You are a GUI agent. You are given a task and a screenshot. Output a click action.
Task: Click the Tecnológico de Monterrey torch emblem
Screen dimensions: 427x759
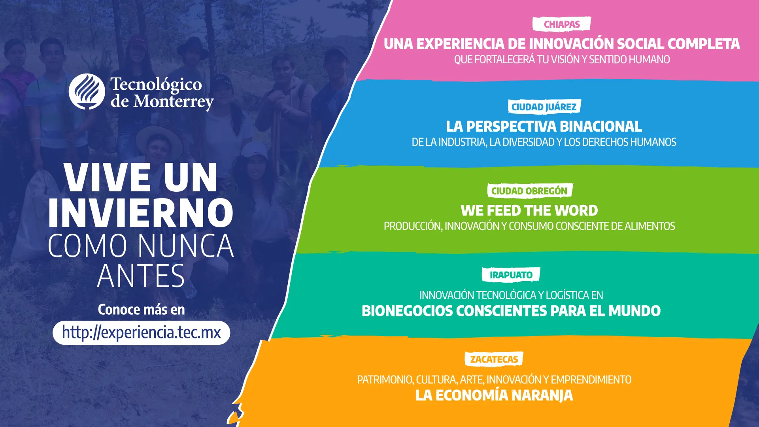[x=87, y=91]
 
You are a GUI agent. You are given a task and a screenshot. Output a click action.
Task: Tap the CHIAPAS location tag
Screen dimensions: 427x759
[x=561, y=24]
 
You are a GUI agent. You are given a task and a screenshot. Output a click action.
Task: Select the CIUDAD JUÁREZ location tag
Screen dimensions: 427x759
[x=544, y=107]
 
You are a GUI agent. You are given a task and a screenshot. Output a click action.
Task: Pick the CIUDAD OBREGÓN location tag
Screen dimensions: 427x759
[x=529, y=191]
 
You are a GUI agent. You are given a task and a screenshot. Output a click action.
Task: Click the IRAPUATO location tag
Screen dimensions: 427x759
[x=511, y=275]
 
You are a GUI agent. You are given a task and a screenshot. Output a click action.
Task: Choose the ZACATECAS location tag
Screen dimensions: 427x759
[x=494, y=359]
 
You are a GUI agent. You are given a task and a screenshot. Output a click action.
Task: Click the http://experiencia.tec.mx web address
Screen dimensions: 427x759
[x=141, y=333]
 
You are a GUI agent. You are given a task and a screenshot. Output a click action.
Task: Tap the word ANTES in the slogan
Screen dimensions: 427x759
[x=141, y=276]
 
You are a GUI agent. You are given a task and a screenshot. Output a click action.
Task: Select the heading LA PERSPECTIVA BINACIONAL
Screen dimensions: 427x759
[x=544, y=127]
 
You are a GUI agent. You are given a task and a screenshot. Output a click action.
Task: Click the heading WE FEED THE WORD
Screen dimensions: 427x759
[x=529, y=210]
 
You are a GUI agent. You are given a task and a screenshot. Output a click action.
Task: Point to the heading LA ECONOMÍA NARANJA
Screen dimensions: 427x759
[x=494, y=395]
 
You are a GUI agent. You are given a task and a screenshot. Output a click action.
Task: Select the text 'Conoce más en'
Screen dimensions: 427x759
[x=141, y=310]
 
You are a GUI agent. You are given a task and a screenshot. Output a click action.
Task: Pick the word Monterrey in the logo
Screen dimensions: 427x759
[x=174, y=102]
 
